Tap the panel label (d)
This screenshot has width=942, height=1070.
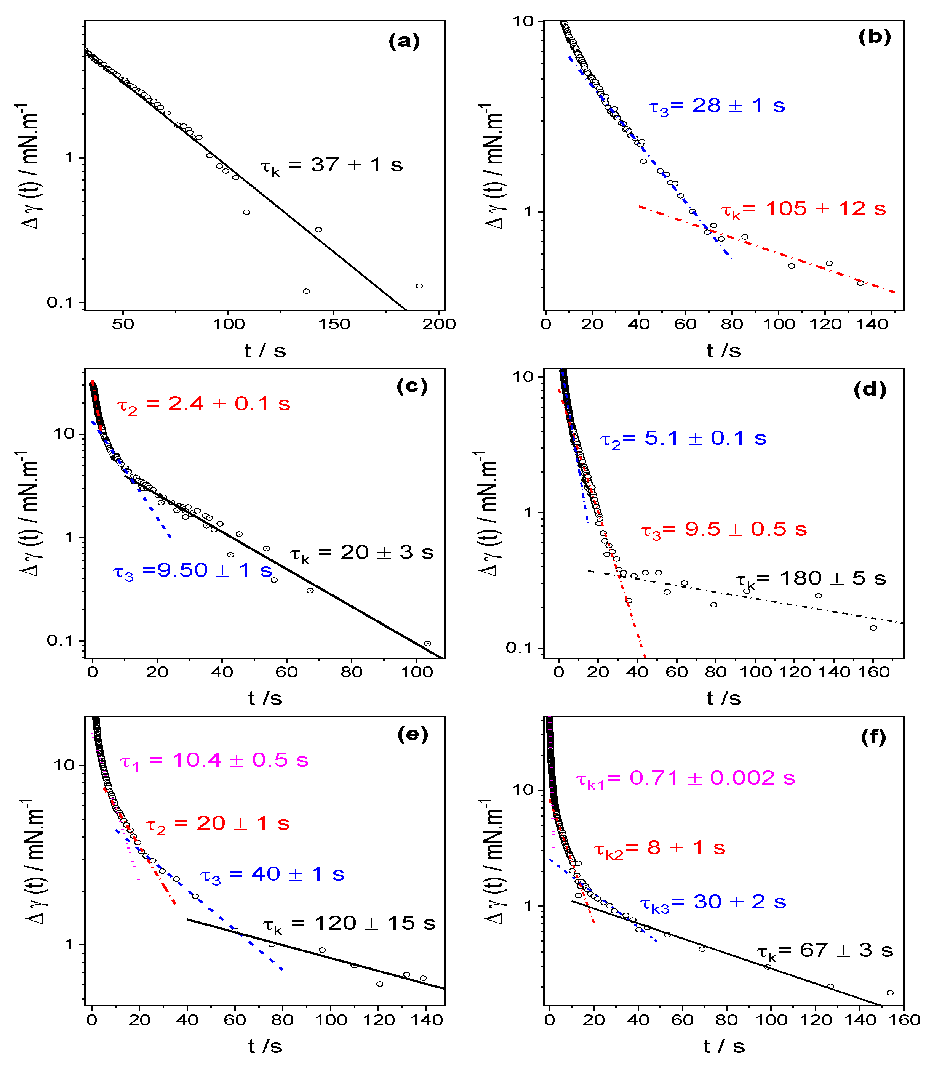click(x=869, y=389)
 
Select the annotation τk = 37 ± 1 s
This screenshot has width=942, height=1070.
click(x=331, y=165)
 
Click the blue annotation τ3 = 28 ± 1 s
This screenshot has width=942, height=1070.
click(x=716, y=106)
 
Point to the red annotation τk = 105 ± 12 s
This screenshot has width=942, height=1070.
click(x=803, y=210)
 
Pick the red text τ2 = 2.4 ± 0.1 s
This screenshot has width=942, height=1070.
click(x=203, y=405)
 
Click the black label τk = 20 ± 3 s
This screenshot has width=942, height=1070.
click(x=361, y=553)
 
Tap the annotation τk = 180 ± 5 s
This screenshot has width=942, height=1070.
click(x=811, y=579)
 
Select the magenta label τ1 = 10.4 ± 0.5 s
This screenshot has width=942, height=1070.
click(x=214, y=761)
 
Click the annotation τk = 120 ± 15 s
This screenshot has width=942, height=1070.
click(x=349, y=924)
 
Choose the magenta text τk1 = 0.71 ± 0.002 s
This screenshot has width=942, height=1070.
click(x=685, y=778)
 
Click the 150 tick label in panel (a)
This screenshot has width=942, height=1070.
click(x=334, y=324)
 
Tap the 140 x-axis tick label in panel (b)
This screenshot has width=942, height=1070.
click(x=872, y=324)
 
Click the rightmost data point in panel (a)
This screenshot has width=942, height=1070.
click(x=419, y=286)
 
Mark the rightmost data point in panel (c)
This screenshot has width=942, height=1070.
click(x=427, y=643)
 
